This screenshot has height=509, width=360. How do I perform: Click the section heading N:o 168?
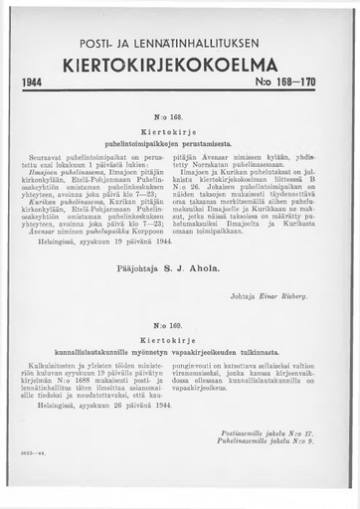[x=181, y=128]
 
